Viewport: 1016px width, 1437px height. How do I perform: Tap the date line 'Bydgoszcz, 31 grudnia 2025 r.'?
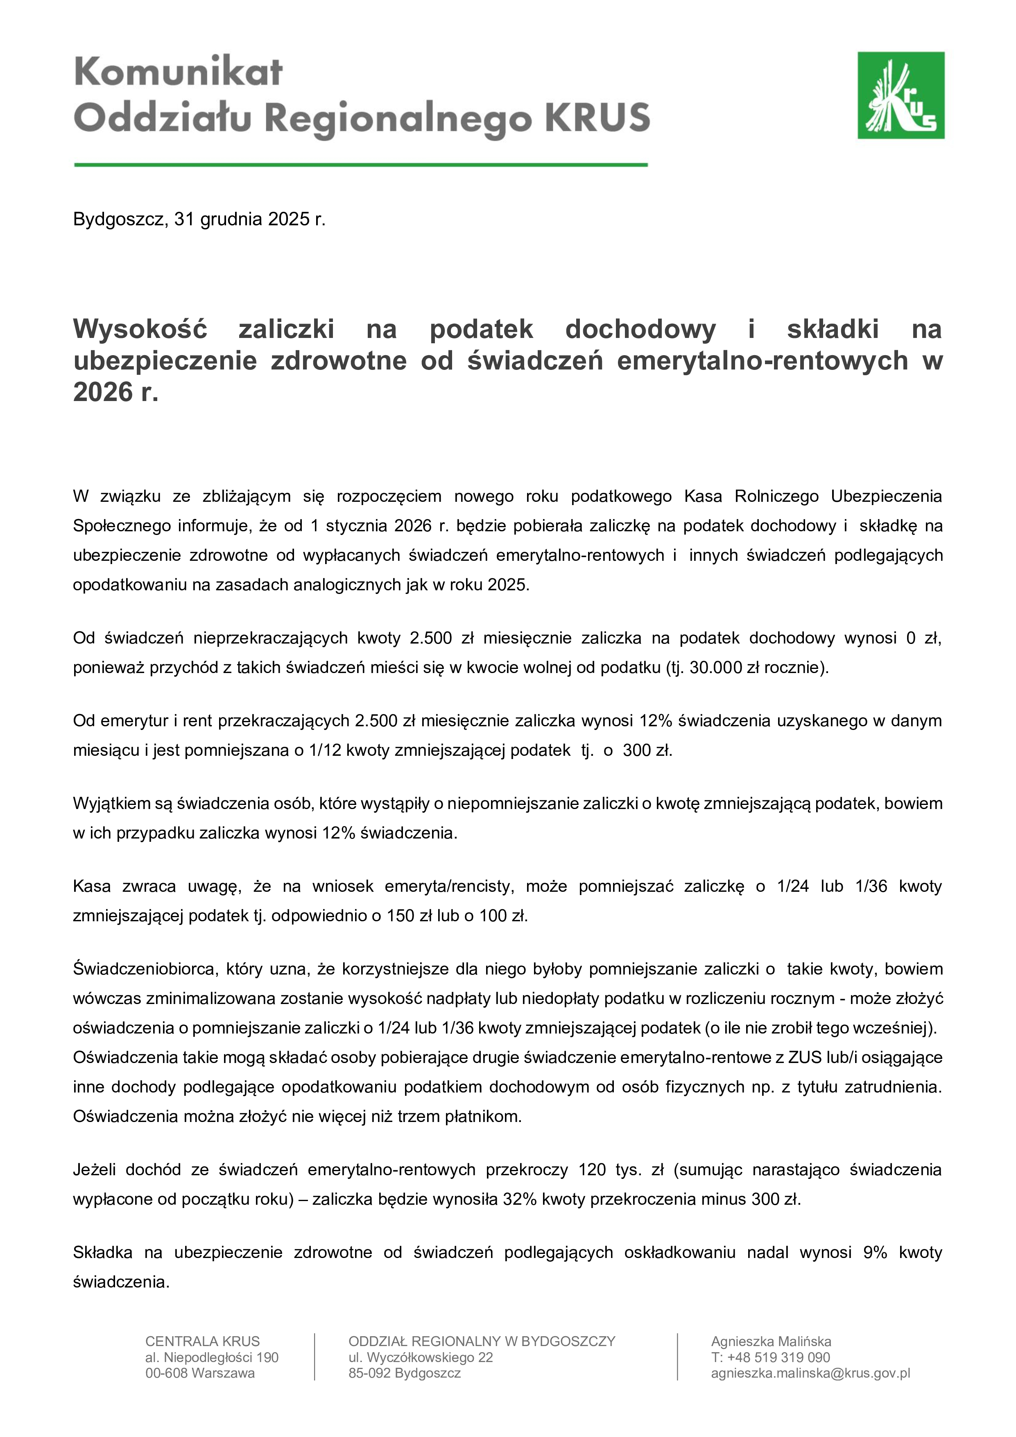tap(199, 219)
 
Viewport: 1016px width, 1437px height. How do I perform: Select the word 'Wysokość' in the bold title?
tap(140, 329)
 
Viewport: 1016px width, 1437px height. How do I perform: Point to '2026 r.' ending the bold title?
tap(116, 392)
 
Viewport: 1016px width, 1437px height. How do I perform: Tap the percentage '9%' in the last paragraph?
tap(875, 1252)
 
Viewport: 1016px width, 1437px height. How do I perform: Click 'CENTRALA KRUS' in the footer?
tap(202, 1341)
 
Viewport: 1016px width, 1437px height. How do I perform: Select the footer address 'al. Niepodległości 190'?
tap(211, 1358)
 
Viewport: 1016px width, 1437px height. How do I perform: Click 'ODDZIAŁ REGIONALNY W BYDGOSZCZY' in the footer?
tap(482, 1341)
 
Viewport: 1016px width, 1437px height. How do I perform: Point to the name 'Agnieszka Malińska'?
tap(771, 1341)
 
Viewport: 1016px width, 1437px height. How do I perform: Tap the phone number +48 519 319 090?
tap(770, 1358)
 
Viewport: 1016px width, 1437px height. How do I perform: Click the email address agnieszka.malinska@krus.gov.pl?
tap(810, 1373)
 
